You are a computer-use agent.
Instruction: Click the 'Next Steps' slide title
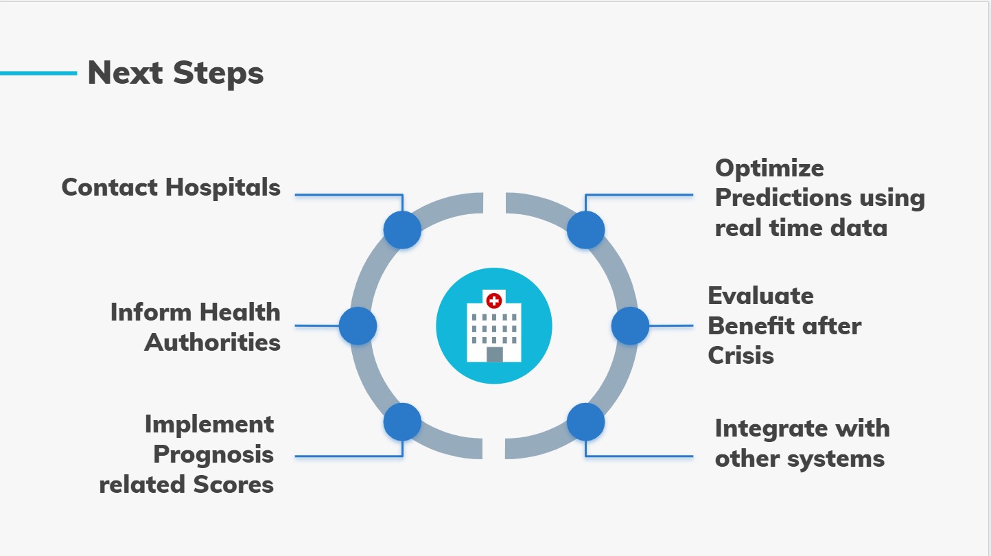(x=176, y=73)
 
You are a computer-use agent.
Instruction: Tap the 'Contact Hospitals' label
(x=171, y=187)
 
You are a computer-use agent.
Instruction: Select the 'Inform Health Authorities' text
(x=195, y=327)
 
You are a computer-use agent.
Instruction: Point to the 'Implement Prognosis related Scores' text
(x=186, y=454)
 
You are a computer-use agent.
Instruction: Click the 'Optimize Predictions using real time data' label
(x=820, y=198)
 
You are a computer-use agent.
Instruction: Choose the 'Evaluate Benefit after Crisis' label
(x=784, y=325)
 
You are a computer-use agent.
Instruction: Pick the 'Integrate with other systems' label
(x=802, y=443)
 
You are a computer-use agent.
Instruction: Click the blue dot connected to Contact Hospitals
(x=402, y=230)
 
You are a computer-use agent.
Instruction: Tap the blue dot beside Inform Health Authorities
(x=358, y=326)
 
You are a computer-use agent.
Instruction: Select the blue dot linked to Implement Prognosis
(x=402, y=422)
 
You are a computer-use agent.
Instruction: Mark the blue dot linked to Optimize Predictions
(x=586, y=230)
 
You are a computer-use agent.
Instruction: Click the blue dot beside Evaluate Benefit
(x=630, y=326)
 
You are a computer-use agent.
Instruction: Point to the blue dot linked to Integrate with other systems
(x=586, y=422)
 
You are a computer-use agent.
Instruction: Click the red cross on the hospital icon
(x=493, y=301)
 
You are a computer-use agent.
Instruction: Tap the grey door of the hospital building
(x=495, y=354)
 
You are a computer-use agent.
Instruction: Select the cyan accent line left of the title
(x=38, y=73)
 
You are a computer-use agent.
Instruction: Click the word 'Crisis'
(x=741, y=356)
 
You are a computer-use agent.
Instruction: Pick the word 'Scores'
(x=233, y=485)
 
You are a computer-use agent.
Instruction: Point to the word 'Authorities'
(x=212, y=343)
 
